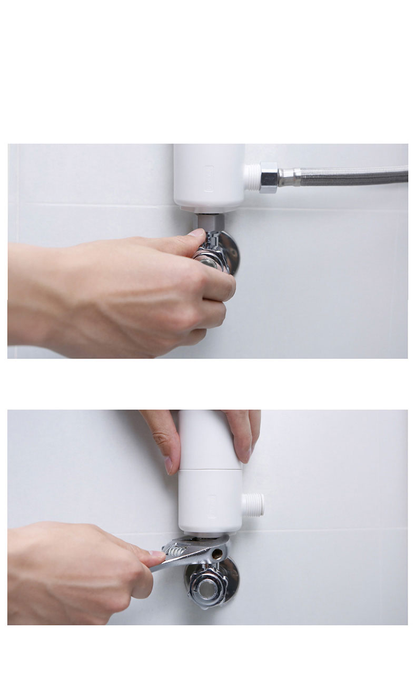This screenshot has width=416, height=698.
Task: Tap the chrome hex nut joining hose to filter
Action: (269, 177)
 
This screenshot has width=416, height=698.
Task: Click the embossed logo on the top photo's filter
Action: (209, 178)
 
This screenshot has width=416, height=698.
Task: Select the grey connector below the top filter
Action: (210, 222)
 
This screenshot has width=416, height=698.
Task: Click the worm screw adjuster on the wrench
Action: (176, 550)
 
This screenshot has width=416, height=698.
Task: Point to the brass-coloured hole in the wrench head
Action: (216, 554)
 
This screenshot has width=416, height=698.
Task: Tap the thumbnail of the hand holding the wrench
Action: (157, 554)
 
